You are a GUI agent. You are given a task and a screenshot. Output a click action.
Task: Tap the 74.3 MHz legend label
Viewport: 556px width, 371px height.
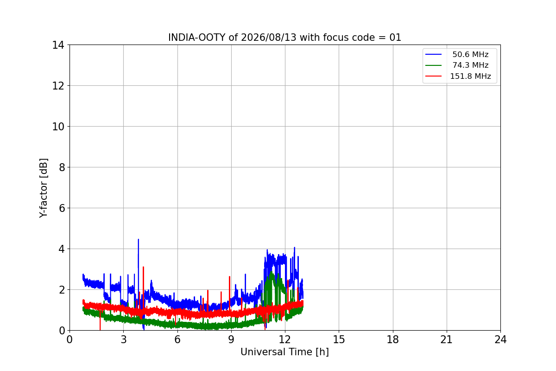pyautogui.click(x=470, y=65)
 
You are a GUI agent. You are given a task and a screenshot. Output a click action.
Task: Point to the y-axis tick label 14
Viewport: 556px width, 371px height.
pyautogui.click(x=58, y=45)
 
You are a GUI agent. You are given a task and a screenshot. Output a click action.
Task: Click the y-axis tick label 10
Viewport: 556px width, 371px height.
pyautogui.click(x=58, y=127)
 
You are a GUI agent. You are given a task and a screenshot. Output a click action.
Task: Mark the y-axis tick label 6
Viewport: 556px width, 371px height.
pyautogui.click(x=62, y=208)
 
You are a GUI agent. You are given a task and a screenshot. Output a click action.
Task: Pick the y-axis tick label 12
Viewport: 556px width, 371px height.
pyautogui.click(x=58, y=86)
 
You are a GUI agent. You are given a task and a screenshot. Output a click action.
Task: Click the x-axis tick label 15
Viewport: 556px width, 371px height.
pyautogui.click(x=339, y=339)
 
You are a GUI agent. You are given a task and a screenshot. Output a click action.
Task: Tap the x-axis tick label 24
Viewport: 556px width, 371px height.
pyautogui.click(x=500, y=339)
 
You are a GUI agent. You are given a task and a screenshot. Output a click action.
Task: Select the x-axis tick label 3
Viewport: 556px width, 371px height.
pyautogui.click(x=124, y=339)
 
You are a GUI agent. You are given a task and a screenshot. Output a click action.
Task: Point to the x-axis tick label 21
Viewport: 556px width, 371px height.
pyautogui.click(x=447, y=339)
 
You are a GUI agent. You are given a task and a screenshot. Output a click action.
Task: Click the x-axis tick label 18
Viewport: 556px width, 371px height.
pyautogui.click(x=393, y=339)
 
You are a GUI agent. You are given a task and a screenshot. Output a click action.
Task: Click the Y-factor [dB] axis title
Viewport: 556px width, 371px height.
pyautogui.click(x=44, y=188)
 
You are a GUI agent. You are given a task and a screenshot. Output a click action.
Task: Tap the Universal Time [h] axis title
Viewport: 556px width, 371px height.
pyautogui.click(x=284, y=352)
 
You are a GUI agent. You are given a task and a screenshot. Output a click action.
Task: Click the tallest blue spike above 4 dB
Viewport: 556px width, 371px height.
pyautogui.click(x=138, y=240)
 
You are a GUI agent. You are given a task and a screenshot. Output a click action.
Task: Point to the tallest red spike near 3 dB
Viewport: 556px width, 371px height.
pyautogui.click(x=143, y=268)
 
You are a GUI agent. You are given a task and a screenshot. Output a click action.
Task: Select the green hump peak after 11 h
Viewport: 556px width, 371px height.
pyautogui.click(x=272, y=272)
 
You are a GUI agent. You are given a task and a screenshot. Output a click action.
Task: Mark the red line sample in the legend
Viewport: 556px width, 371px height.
pyautogui.click(x=433, y=76)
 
